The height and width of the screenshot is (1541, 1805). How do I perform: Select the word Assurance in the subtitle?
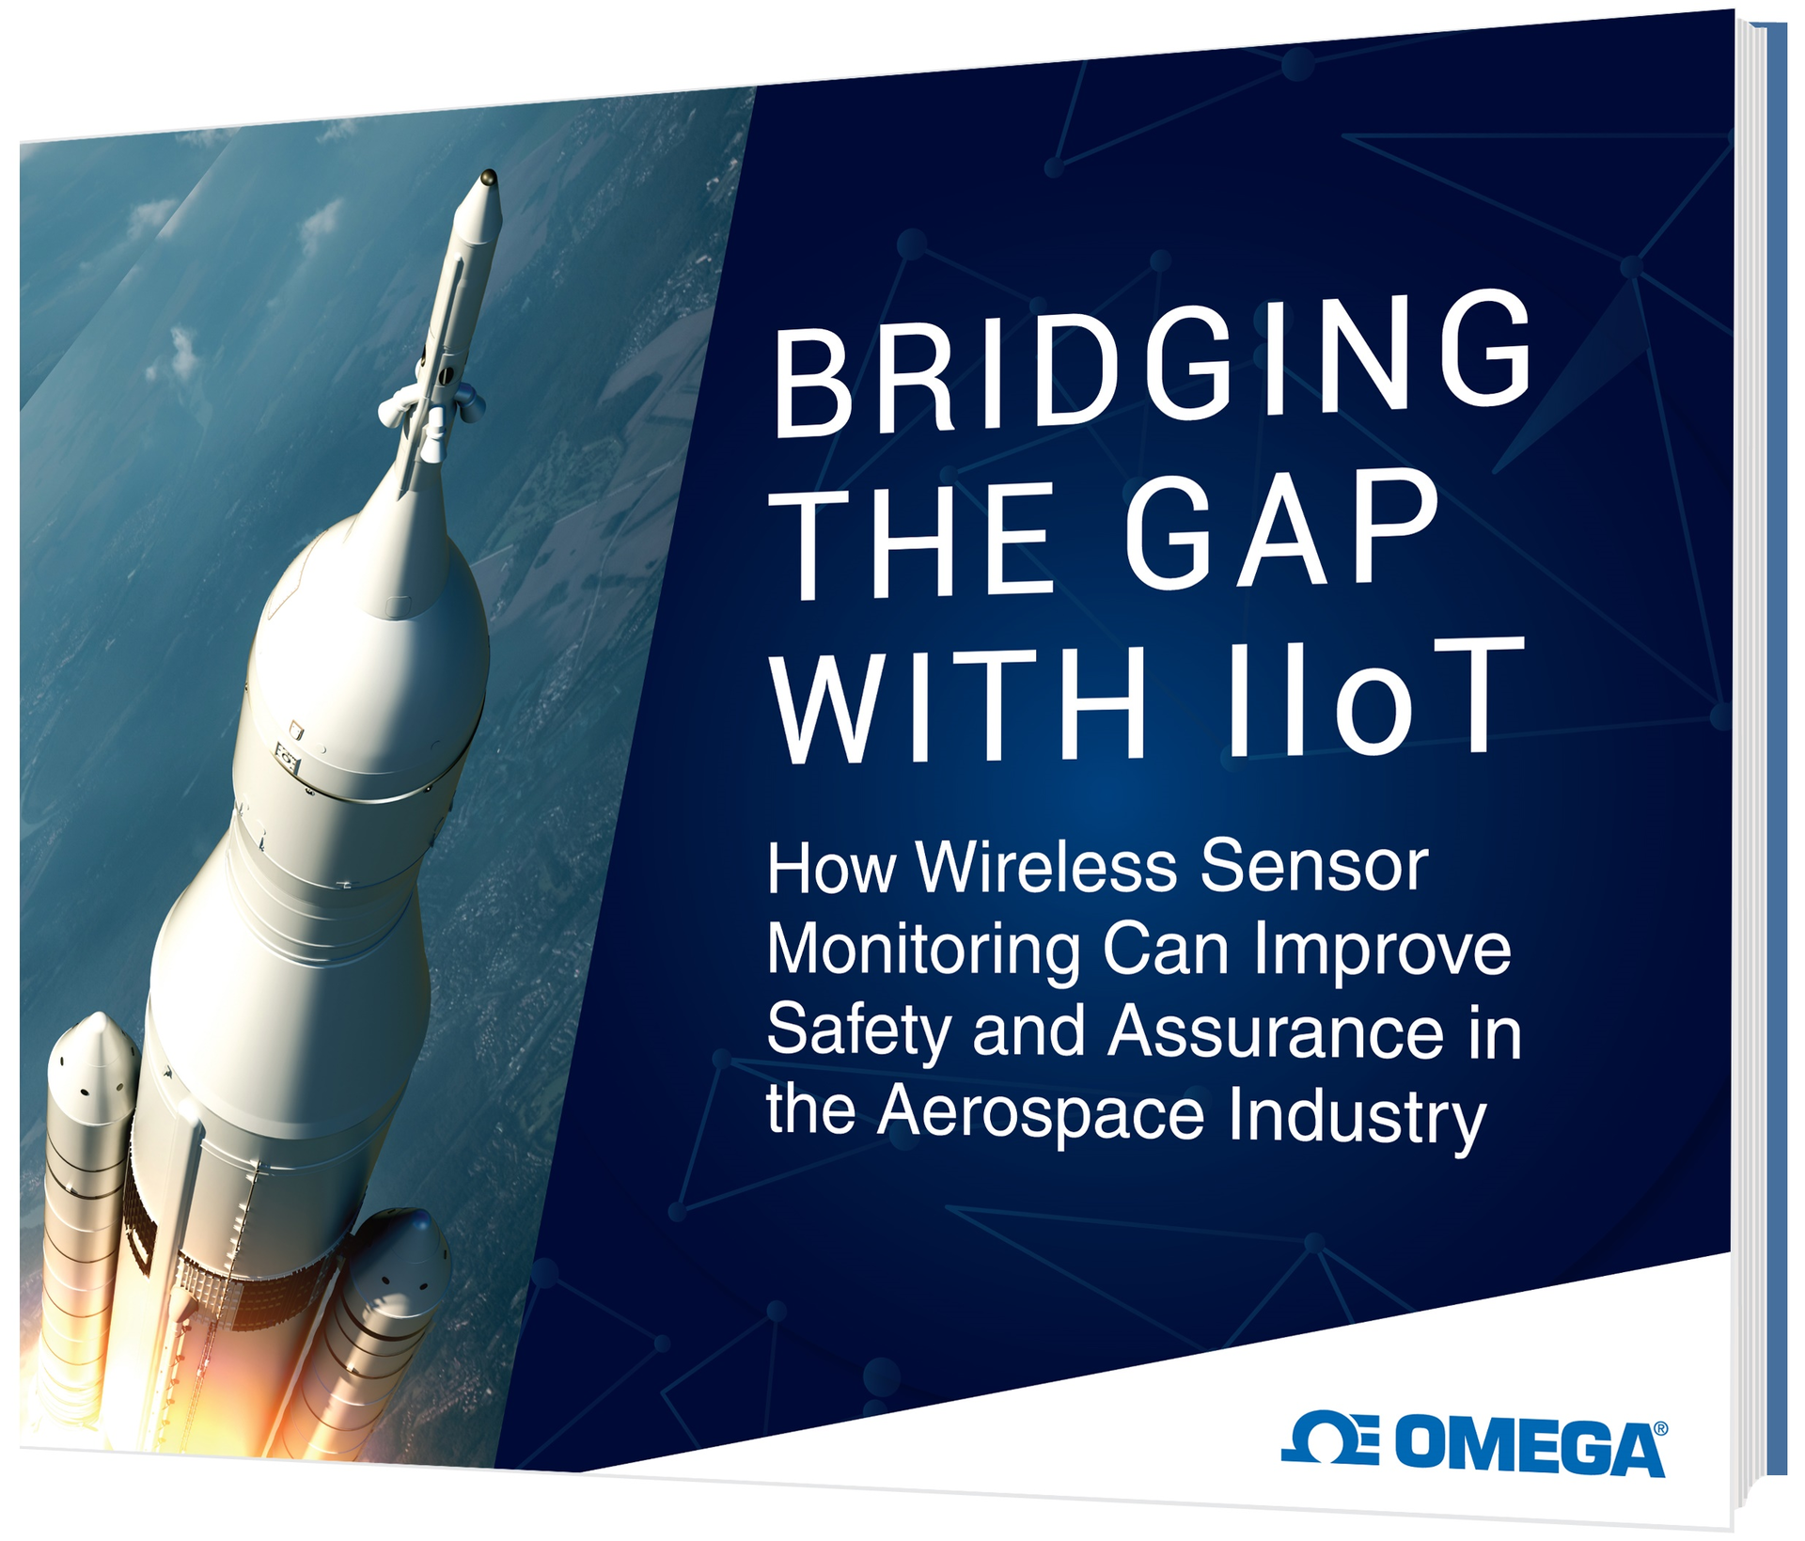[x=1276, y=1031]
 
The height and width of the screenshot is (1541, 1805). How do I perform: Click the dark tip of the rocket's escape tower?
[x=488, y=177]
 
